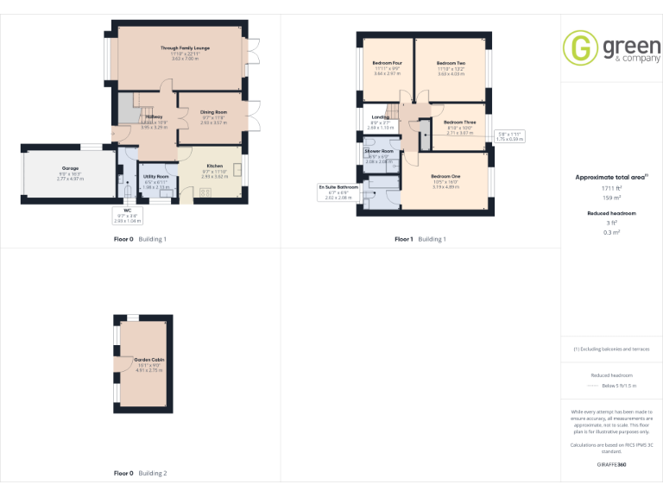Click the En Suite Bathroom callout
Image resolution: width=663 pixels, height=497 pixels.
[338, 192]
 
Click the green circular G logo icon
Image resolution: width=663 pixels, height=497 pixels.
[580, 49]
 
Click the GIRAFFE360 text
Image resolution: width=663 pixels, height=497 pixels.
[611, 465]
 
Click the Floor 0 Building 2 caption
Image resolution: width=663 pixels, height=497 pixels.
[141, 474]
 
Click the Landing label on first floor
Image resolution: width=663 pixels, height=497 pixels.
[380, 117]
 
